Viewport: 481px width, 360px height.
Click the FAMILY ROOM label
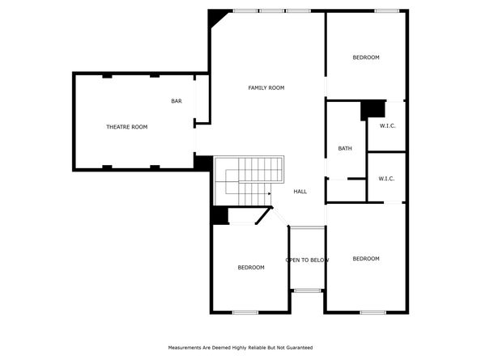tap(266, 88)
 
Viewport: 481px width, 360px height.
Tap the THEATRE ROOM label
tap(126, 127)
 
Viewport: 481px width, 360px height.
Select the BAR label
tap(177, 101)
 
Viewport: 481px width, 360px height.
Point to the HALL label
tap(300, 192)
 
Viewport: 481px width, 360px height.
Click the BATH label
tap(345, 149)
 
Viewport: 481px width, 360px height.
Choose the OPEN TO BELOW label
tap(307, 260)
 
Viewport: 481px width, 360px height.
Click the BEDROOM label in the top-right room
tap(366, 57)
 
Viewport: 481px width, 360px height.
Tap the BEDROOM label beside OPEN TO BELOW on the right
tap(366, 259)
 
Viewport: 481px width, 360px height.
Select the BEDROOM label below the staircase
tap(251, 268)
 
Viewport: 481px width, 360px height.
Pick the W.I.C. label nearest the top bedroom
tap(387, 126)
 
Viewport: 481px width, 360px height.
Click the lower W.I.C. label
tap(386, 179)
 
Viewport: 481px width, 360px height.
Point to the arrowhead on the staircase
tap(270, 193)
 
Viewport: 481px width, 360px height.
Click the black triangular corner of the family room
tap(215, 18)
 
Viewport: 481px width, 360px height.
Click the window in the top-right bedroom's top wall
tap(386, 11)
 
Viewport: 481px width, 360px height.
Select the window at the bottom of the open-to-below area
tap(307, 290)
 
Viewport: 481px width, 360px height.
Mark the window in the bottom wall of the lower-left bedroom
tap(245, 312)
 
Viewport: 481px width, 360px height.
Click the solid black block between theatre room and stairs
tap(203, 163)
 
